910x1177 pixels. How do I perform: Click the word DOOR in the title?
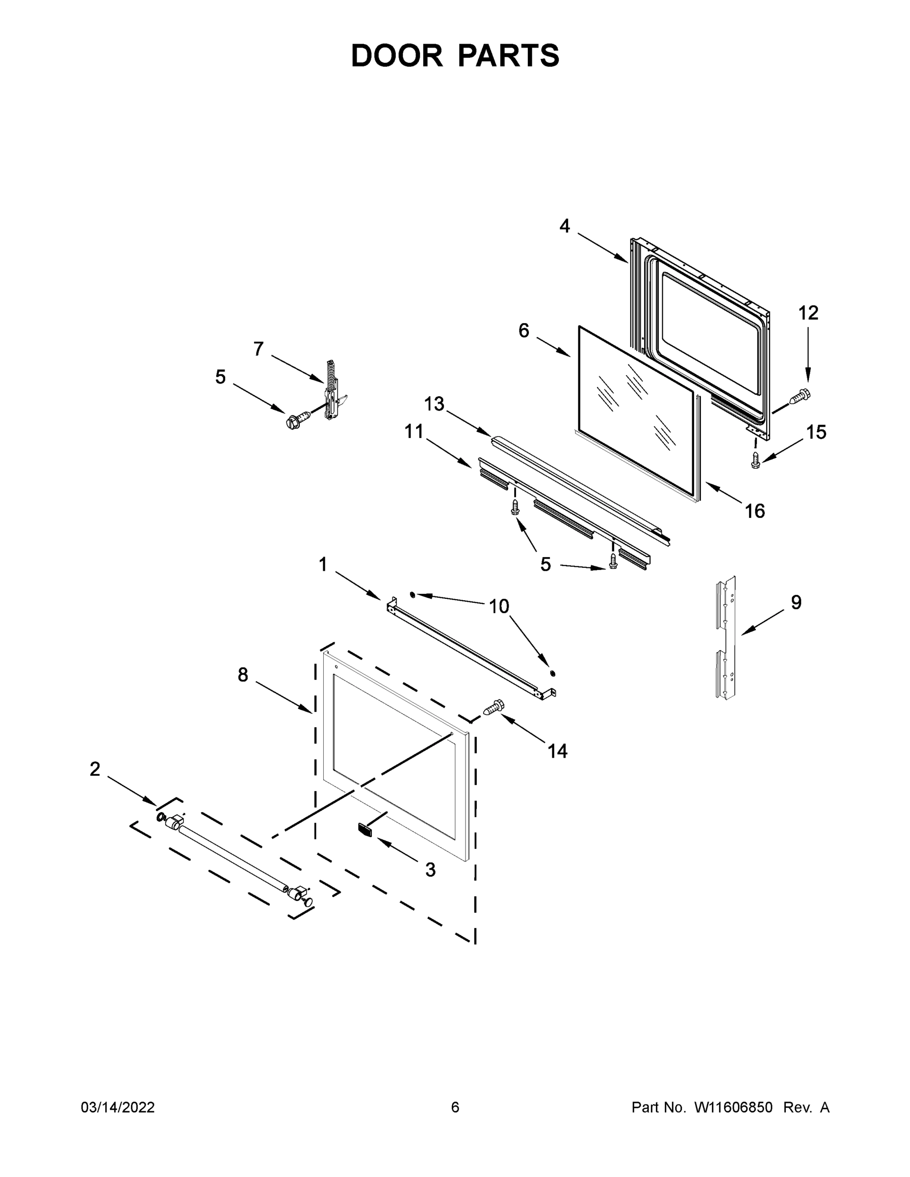click(397, 55)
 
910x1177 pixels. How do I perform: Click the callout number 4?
click(565, 226)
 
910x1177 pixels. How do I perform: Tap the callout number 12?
click(808, 312)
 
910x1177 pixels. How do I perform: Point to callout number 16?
click(755, 511)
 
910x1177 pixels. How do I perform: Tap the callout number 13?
click(434, 404)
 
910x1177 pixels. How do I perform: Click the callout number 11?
click(414, 432)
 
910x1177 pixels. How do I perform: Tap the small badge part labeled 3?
click(365, 830)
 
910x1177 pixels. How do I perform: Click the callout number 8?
click(243, 674)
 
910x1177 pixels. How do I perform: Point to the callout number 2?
click(95, 769)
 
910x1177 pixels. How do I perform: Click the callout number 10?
click(499, 606)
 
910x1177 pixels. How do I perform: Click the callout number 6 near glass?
click(523, 331)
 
